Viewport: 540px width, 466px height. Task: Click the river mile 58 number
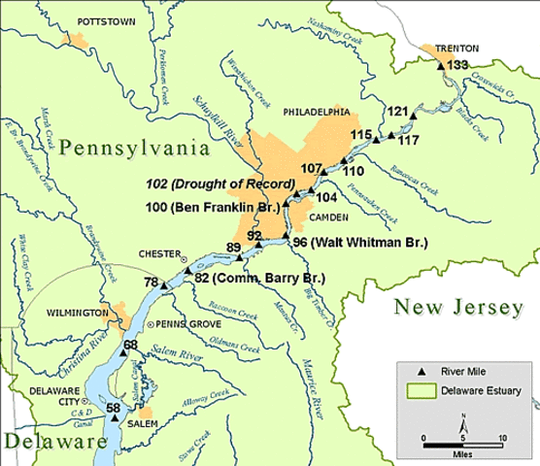(113, 409)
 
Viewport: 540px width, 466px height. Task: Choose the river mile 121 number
(397, 112)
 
